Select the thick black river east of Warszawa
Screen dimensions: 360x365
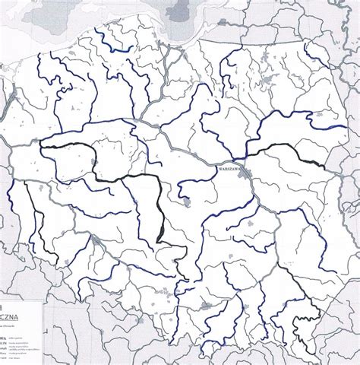289,157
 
